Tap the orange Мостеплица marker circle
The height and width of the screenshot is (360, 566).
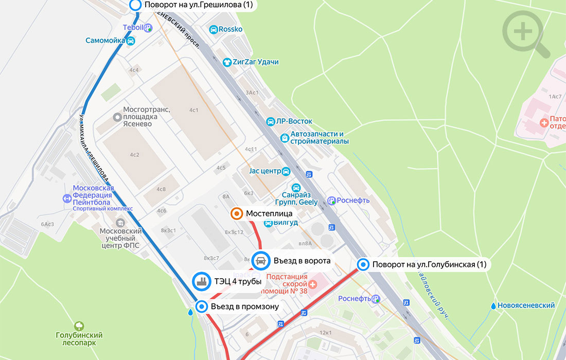tap(237, 213)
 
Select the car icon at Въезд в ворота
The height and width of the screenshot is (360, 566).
tap(261, 261)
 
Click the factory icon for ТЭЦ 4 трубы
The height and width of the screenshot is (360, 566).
tap(201, 281)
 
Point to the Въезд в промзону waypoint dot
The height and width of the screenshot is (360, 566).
tap(202, 307)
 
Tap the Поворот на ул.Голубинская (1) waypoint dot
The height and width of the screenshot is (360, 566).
tap(363, 265)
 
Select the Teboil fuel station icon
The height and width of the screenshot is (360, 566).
tap(148, 28)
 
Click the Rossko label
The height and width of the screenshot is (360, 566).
tap(231, 30)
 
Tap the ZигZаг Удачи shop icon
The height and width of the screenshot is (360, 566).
tap(226, 62)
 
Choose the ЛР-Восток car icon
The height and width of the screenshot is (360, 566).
tap(270, 121)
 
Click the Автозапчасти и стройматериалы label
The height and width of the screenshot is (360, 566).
tap(319, 138)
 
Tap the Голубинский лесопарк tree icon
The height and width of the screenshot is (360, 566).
tap(79, 326)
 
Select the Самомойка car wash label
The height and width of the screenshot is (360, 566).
tap(105, 41)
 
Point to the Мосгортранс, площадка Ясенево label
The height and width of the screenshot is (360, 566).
tap(147, 117)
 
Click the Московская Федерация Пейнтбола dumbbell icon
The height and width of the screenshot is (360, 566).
tap(66, 199)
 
